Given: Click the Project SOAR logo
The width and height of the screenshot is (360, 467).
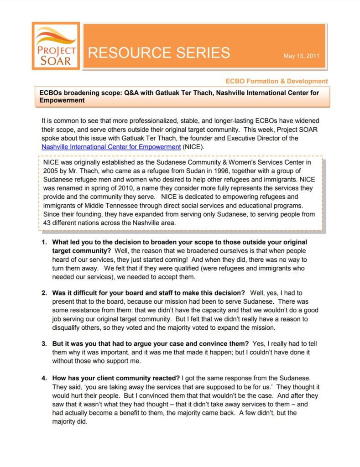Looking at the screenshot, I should [56, 46].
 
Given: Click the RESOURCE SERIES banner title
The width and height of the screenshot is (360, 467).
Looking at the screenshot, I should [159, 53].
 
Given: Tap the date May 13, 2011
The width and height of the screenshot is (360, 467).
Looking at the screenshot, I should [301, 56].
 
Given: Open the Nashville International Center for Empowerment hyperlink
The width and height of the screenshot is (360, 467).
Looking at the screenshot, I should [111, 147].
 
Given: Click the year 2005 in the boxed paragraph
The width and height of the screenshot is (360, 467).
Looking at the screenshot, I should [51, 171].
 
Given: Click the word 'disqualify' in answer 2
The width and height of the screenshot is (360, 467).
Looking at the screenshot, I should [68, 327].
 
